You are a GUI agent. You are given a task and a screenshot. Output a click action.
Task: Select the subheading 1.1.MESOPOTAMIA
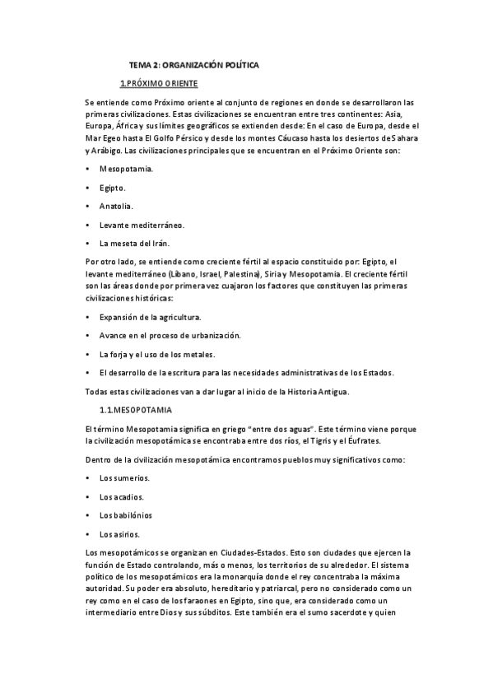tap(134, 408)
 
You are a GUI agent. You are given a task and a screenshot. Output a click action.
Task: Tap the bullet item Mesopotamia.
tap(126, 168)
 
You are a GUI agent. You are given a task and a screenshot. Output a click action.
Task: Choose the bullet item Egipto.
tap(113, 187)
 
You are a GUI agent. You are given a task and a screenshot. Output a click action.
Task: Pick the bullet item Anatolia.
tap(116, 206)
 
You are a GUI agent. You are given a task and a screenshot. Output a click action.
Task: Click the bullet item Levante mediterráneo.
tap(142, 224)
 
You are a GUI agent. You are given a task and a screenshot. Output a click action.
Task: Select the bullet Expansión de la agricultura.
tap(150, 317)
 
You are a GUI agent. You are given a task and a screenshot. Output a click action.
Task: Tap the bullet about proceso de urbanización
tap(181, 335)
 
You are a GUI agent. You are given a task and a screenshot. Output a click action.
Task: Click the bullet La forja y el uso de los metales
tap(156, 354)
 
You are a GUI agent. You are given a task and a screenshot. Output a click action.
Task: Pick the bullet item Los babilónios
tap(125, 515)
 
